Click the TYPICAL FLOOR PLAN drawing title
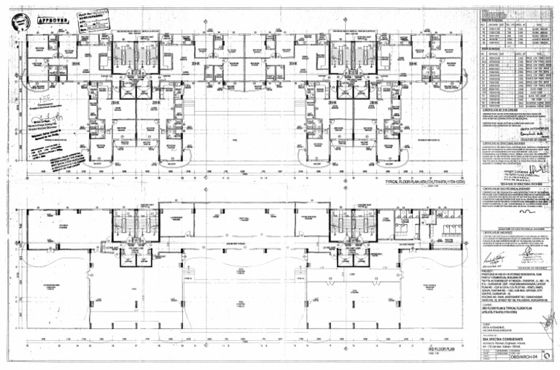409,180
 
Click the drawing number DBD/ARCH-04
532,358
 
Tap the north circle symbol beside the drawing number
491,358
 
